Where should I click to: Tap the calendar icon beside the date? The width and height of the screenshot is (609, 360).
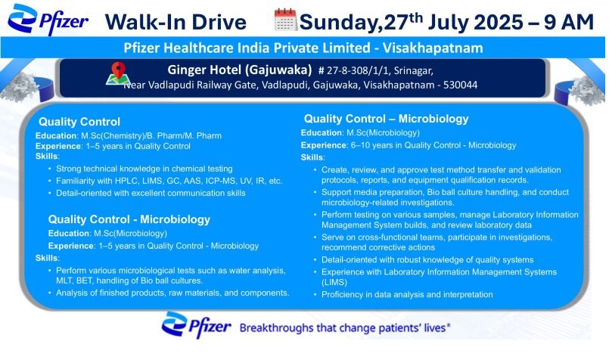tap(286, 20)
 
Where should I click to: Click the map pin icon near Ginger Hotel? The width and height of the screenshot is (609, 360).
tap(118, 73)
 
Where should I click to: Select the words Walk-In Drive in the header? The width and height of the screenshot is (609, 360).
tap(176, 22)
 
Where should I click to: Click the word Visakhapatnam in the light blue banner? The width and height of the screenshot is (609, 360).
tap(433, 48)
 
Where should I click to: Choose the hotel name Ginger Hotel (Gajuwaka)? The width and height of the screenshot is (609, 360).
tap(240, 70)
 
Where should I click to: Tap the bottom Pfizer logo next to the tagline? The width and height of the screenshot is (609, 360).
tap(196, 324)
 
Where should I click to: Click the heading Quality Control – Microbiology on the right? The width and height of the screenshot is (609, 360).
tap(386, 119)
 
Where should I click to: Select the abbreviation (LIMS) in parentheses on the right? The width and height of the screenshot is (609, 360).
tap(334, 282)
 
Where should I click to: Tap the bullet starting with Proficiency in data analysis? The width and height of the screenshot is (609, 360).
tap(407, 295)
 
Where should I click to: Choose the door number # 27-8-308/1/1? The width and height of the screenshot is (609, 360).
tap(355, 70)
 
